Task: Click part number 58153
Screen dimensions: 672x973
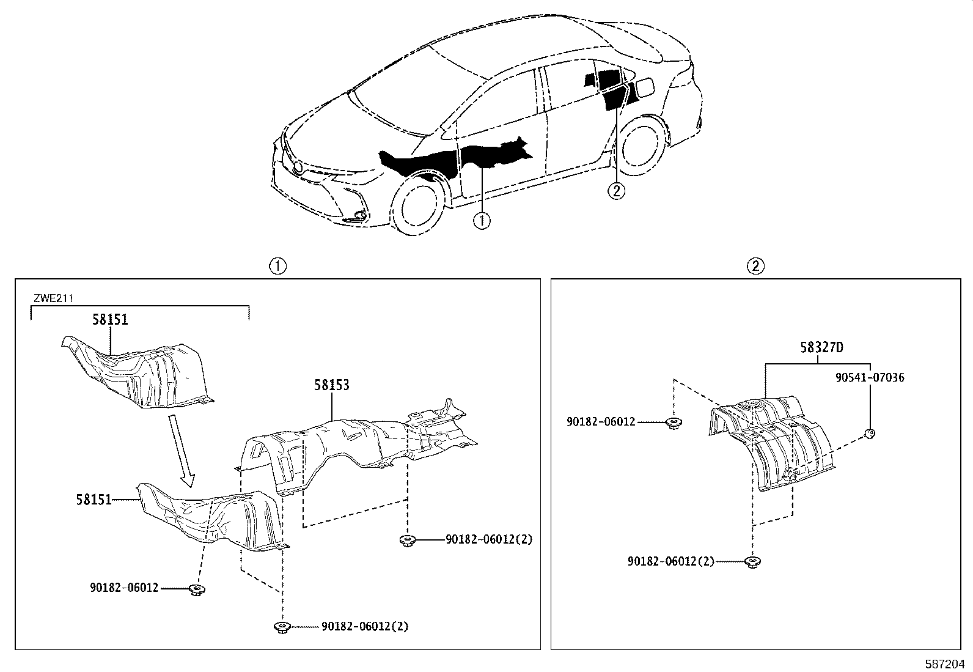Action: [x=332, y=385]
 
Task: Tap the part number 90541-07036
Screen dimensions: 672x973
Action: [x=870, y=378]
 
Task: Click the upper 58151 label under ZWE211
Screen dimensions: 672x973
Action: [x=111, y=320]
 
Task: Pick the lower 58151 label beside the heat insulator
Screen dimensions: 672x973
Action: [x=94, y=500]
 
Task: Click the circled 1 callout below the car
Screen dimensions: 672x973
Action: [x=482, y=220]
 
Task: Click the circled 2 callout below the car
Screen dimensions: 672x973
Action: [x=615, y=191]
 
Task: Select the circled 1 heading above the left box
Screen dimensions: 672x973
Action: [x=278, y=266]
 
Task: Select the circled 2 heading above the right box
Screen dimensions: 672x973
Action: [x=755, y=266]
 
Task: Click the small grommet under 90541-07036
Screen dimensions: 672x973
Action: [x=870, y=435]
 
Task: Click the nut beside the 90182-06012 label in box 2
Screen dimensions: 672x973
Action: [x=674, y=422]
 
